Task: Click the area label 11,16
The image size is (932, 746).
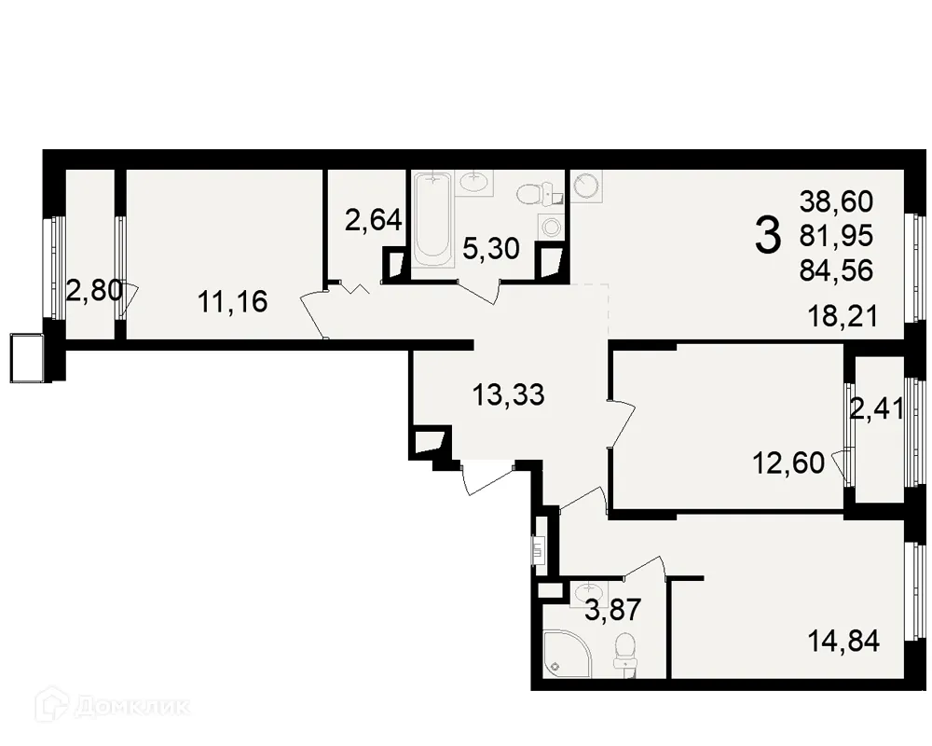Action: (x=232, y=301)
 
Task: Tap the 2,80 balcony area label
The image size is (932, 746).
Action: (x=93, y=291)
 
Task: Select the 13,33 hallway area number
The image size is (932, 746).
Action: (x=507, y=395)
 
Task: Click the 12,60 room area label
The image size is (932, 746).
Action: (x=789, y=462)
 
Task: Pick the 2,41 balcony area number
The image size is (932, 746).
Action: (x=876, y=408)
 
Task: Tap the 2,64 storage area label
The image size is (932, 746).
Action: (x=373, y=221)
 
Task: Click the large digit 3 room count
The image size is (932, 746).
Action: (x=766, y=235)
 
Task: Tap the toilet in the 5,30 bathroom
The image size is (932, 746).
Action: (x=531, y=193)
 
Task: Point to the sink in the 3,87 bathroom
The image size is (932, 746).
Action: (x=587, y=591)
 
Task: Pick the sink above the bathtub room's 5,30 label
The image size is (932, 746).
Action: (x=479, y=180)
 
